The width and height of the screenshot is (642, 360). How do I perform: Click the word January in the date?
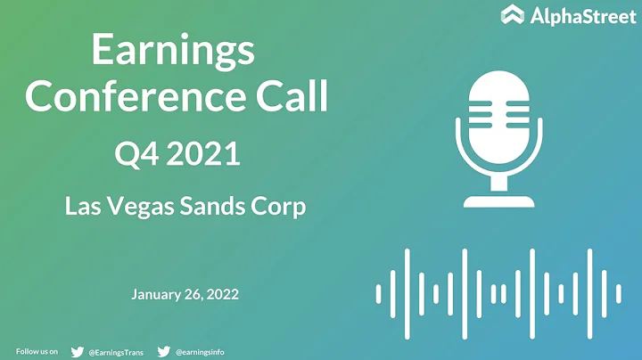coord(158,293)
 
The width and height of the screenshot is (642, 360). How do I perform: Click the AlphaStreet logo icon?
coord(511,15)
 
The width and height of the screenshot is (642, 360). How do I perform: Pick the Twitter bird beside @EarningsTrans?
coord(77,352)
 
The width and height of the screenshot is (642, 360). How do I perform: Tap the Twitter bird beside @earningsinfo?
coord(163,352)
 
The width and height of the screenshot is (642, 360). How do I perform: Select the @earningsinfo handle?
coord(200,352)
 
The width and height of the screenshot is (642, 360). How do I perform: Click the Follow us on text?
coord(37,352)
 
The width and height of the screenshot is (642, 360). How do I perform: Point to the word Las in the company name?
coord(82,208)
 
